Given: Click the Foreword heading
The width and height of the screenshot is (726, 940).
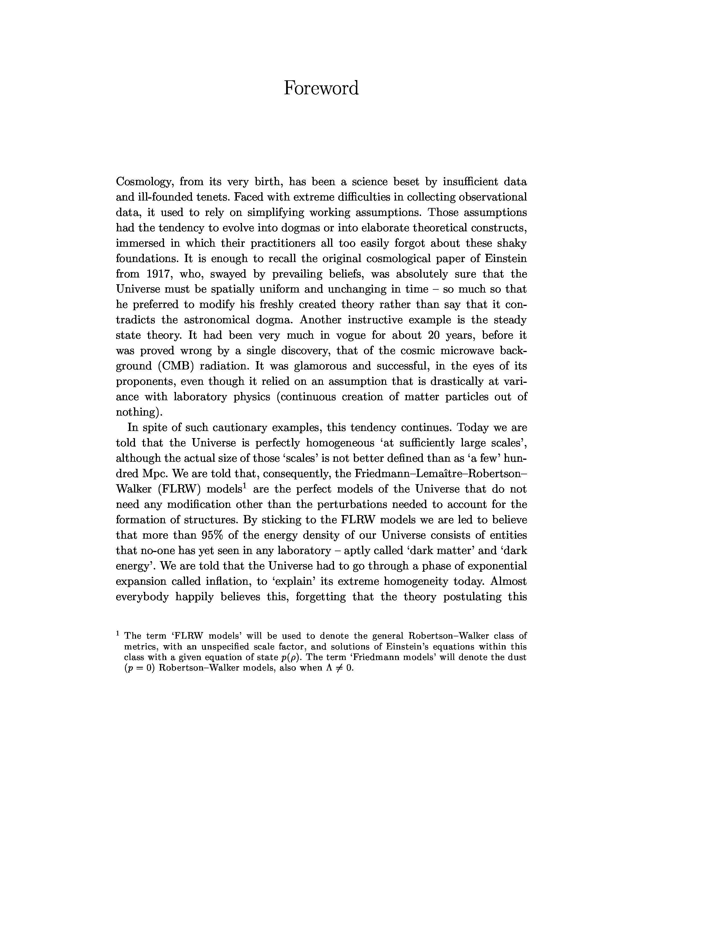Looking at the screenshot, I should [x=321, y=88].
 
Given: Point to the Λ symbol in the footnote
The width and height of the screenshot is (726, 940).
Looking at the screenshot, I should [x=329, y=668].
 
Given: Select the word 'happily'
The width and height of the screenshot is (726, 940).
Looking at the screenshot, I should [x=194, y=597].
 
